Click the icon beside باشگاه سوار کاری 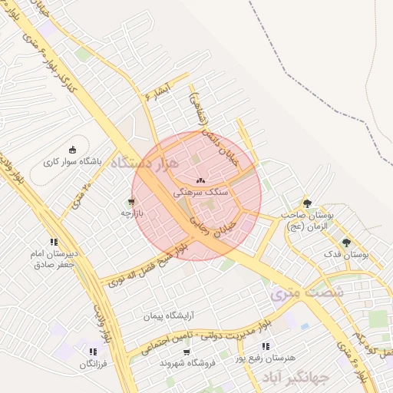click(x=72, y=150)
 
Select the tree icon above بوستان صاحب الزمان click(x=307, y=203)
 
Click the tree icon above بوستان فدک click(x=346, y=242)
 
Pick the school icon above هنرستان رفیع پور click(x=266, y=347)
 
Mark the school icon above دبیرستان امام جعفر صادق click(x=53, y=241)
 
